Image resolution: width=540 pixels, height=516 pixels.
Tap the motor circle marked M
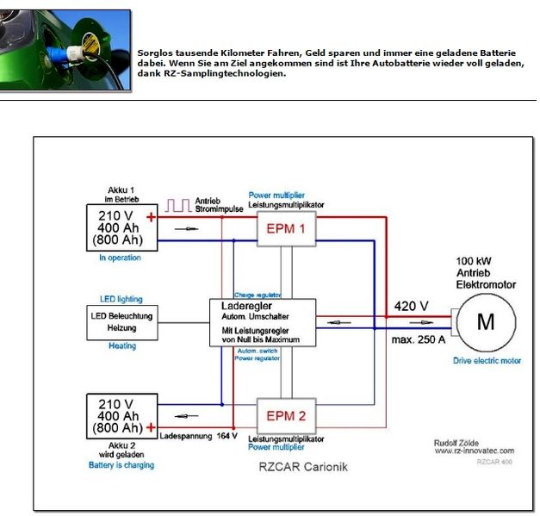pos(486,321)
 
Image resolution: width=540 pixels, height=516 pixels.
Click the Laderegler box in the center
pos(264,322)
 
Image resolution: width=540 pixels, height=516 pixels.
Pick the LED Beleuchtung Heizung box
pos(121,322)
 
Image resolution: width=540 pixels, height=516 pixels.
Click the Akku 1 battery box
pos(121,227)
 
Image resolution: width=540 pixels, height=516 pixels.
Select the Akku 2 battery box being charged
pos(121,415)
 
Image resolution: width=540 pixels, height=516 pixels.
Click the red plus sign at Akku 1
pos(152,217)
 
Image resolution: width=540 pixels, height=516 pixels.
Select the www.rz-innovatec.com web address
pos(474,450)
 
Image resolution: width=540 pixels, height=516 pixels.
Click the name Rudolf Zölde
pos(458,440)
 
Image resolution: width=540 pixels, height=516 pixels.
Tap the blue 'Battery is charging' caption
pos(121,465)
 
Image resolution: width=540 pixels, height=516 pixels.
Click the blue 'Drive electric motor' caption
pos(487,361)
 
